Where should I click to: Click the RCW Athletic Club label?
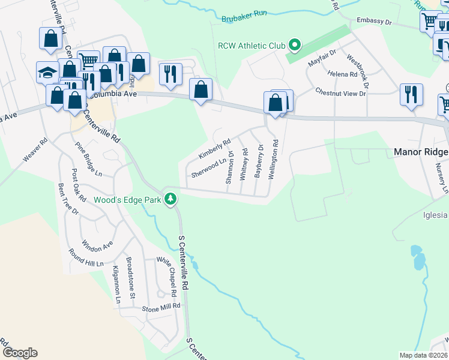[252, 45]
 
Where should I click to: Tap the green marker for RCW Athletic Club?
[295, 45]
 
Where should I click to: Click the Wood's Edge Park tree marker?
[171, 199]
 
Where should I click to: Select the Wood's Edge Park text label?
[127, 200]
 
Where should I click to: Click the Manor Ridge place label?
[421, 152]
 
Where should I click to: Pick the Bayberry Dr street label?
[259, 160]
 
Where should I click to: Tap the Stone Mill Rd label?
[161, 307]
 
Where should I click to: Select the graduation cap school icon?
[47, 73]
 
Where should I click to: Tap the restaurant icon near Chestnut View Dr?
[411, 94]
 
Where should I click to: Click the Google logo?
[20, 353]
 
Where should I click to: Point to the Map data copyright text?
[423, 355]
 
